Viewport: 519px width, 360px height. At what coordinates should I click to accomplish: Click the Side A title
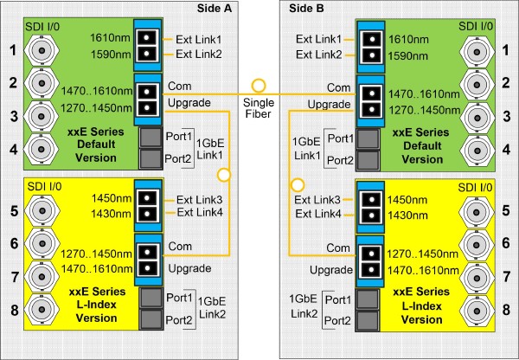coord(215,9)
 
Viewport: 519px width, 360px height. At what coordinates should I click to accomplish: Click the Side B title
coord(306,9)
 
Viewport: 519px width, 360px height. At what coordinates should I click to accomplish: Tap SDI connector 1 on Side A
coord(42,51)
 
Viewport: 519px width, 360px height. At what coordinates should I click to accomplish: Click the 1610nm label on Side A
coord(111,38)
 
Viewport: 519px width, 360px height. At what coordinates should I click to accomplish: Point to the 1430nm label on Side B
coord(407,215)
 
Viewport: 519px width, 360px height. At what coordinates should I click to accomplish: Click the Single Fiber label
coord(259,108)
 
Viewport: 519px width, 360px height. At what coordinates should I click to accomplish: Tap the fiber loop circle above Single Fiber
coord(259,86)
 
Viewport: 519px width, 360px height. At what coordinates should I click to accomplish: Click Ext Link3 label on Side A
coord(199,200)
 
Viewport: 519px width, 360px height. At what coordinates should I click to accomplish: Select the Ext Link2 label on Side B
coord(318,55)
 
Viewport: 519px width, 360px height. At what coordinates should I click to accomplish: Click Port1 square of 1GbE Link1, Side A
coord(151,138)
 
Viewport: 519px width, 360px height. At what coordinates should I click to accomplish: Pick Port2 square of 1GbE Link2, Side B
coord(368,321)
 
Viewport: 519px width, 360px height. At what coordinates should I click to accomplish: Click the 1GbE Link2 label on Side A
coord(212,307)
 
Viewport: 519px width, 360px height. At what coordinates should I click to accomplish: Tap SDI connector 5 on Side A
coord(42,211)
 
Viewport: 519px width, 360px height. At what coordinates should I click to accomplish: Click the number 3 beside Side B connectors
coord(507,117)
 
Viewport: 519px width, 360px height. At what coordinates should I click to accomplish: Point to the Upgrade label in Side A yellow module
coord(189,268)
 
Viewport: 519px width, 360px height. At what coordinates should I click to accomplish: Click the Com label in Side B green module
coord(338,87)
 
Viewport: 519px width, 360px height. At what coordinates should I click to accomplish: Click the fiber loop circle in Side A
coord(224,175)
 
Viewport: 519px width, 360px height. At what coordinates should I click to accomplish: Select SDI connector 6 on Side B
coord(477,245)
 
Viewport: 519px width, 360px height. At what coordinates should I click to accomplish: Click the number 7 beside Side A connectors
coord(15,277)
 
